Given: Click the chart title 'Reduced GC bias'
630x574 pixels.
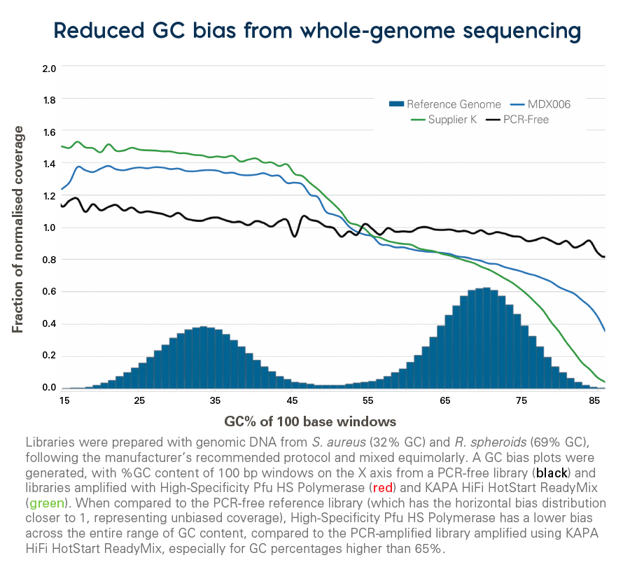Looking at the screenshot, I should [317, 31].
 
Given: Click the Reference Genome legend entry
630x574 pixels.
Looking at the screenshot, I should [444, 104].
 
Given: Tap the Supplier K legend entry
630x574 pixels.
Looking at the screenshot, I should [444, 120].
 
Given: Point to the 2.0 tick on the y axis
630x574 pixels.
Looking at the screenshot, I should [49, 68].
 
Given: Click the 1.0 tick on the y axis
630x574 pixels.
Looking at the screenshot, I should [49, 227].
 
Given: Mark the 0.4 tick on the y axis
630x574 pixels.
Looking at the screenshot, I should [49, 324].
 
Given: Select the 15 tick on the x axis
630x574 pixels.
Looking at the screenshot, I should [64, 400].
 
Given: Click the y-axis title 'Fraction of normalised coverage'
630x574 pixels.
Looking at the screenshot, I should [18, 230].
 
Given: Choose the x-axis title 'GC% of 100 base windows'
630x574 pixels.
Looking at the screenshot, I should [310, 421].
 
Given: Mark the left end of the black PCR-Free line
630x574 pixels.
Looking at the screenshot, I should [62, 206].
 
